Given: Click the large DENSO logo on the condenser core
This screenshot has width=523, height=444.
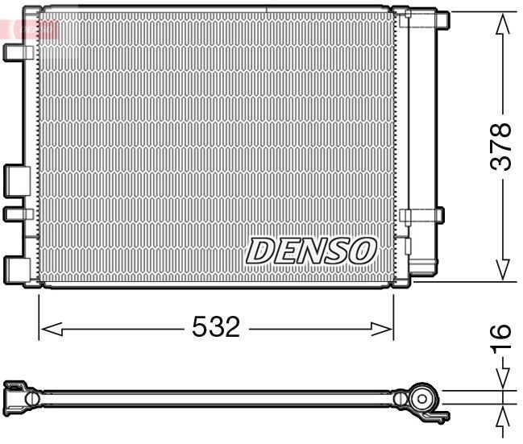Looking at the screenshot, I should point(311,251).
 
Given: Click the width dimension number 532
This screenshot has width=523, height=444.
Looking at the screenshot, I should point(216,327).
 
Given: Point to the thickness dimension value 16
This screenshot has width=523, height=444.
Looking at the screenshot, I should point(501,334).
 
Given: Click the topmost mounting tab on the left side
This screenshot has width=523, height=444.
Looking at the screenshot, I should point(17,52).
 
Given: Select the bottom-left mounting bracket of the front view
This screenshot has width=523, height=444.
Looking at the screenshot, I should point(17,268).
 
